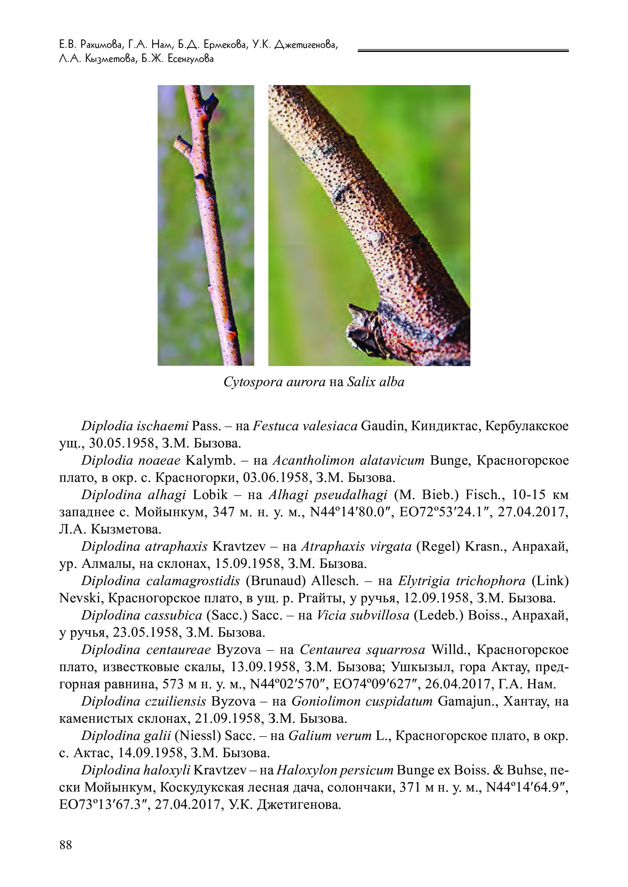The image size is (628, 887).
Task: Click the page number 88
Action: click(66, 845)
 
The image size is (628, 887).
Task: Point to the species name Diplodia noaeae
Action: click(131, 460)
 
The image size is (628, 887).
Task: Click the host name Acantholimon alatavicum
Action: click(348, 460)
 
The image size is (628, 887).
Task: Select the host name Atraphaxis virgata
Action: click(356, 547)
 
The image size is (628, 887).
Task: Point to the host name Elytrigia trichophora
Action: click(462, 581)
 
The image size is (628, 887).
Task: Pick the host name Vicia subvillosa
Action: click(363, 615)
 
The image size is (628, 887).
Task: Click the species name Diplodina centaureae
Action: click(146, 650)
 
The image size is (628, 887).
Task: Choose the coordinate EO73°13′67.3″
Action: click(104, 805)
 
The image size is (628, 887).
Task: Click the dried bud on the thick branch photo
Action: click(363, 329)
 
